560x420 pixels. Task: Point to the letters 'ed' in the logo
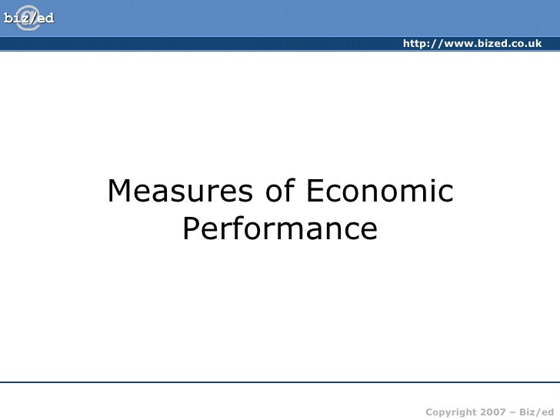tap(45, 18)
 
